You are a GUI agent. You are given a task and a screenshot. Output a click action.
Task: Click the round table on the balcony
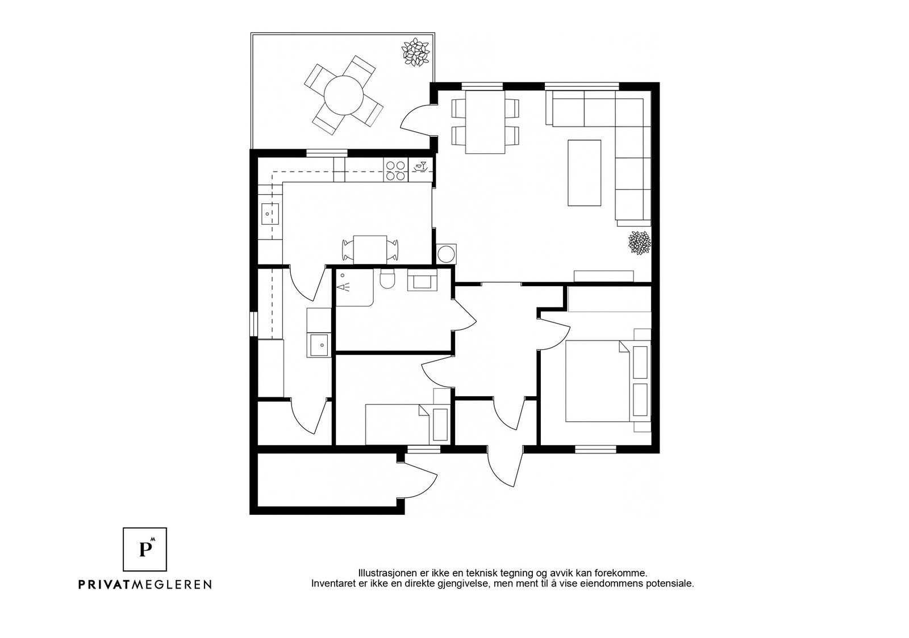[x=343, y=96]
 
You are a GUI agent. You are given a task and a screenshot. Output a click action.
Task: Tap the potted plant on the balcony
[x=415, y=52]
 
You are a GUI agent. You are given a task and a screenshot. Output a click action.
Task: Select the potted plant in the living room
[x=640, y=242]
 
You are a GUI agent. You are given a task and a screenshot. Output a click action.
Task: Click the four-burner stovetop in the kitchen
[x=395, y=171]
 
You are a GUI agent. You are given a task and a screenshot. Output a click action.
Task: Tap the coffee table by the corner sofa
[x=585, y=173]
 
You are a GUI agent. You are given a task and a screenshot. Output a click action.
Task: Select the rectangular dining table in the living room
[x=485, y=121]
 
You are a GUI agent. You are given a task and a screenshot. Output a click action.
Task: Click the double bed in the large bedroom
[x=608, y=381]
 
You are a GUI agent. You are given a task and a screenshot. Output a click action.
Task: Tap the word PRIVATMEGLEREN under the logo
[x=145, y=585]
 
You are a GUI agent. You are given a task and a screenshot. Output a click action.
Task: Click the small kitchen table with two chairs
[x=370, y=249]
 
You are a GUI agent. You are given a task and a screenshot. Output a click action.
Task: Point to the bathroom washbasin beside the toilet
[x=422, y=280]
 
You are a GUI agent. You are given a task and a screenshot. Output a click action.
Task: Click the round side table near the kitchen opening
[x=447, y=254]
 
